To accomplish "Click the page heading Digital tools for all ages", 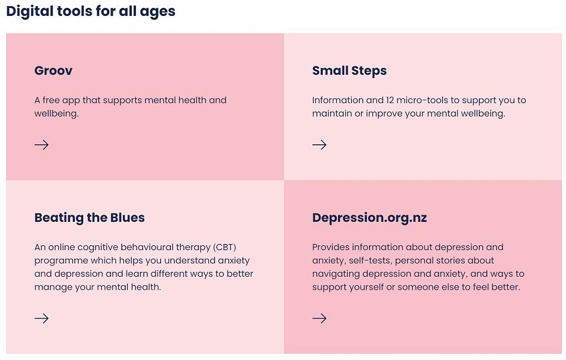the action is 91,11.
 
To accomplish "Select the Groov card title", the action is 53,70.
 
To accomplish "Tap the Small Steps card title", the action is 349,71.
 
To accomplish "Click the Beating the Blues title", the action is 89,218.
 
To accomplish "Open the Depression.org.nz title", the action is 370,218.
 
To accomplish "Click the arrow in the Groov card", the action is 41,145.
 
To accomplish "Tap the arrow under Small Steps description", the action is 319,145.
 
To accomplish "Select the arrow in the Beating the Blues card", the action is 41,318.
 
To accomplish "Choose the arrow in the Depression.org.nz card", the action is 319,318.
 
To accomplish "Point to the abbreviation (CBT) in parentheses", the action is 225,247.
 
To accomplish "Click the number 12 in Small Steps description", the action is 389,100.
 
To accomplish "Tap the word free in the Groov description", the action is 51,100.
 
